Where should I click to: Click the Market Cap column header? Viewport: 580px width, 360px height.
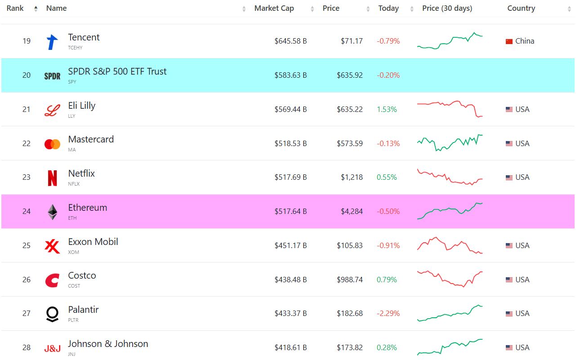(x=274, y=9)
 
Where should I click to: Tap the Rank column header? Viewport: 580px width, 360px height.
(x=15, y=9)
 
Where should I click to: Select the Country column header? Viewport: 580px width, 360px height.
(x=521, y=9)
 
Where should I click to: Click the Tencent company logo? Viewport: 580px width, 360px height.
(x=52, y=42)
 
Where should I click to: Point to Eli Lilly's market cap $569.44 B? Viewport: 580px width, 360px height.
(x=290, y=109)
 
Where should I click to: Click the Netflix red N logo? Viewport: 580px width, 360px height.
(x=52, y=178)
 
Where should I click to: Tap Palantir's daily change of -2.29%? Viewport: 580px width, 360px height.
(x=388, y=314)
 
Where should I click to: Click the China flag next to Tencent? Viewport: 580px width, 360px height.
(x=509, y=41)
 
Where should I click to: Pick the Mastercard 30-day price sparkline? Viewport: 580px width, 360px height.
(x=450, y=142)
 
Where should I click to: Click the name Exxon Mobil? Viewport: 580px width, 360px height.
(x=93, y=242)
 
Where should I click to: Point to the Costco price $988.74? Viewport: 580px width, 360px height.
(x=349, y=280)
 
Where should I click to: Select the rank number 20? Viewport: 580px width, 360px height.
(x=27, y=75)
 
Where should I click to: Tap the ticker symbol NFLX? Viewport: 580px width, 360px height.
(x=74, y=184)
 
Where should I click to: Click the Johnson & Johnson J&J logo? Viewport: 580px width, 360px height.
(x=52, y=348)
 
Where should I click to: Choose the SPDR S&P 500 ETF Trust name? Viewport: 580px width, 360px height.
(x=117, y=71)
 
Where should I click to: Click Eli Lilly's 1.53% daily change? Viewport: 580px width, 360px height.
(x=387, y=109)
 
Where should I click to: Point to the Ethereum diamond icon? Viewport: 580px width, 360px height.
(x=53, y=212)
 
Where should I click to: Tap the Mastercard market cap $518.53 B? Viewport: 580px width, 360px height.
(x=290, y=143)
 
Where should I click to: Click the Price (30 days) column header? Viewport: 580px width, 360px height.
(x=447, y=9)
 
